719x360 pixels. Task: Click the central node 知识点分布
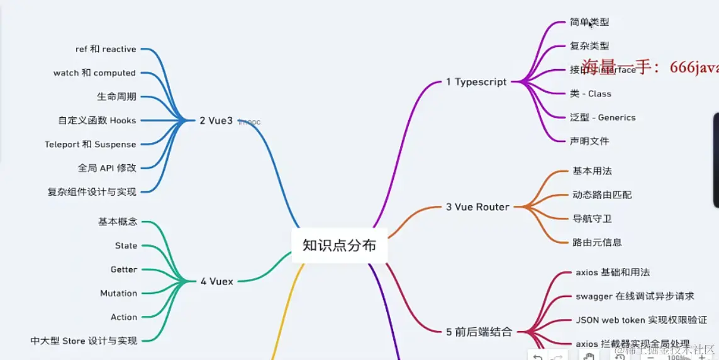coord(339,245)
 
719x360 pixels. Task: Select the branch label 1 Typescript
coord(476,82)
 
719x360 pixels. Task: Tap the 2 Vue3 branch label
coord(216,120)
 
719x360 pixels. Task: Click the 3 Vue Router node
coord(477,206)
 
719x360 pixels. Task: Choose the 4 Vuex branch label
coord(216,281)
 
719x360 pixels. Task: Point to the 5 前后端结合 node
coord(479,332)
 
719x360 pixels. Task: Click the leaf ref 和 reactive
coord(106,49)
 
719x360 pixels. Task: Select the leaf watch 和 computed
coord(94,73)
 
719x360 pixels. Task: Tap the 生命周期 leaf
coord(116,97)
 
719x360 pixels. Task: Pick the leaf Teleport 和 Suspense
coord(90,144)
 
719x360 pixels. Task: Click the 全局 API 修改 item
coord(107,168)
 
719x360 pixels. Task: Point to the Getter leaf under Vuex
coord(124,269)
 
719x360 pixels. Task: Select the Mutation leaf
coord(118,293)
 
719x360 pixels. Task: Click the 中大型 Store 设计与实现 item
coord(84,340)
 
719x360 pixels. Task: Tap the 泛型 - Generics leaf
coord(603,118)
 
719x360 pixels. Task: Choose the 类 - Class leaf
coord(590,94)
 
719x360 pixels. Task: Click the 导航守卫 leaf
coord(592,218)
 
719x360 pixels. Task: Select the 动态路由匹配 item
coord(602,195)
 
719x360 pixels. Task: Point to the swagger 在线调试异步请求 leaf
coord(635,296)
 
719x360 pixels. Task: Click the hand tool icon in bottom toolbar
coord(589,357)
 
